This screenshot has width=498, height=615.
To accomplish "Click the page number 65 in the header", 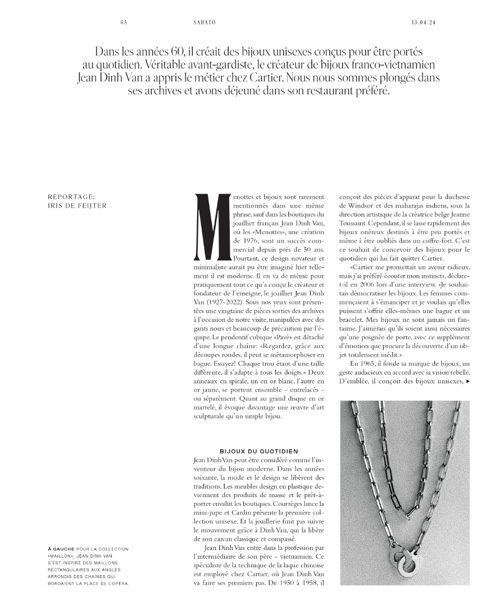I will click(x=123, y=23).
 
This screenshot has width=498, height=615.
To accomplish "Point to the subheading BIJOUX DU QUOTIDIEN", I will click(x=259, y=451).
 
